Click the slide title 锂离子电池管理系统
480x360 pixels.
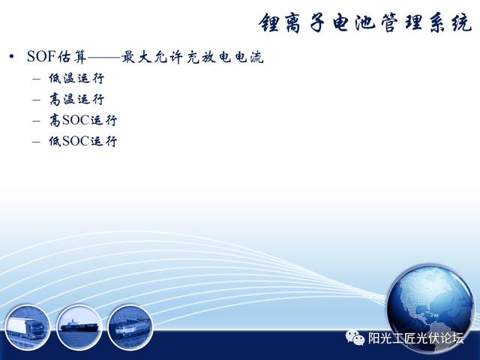click(x=365, y=23)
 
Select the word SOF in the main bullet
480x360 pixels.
click(x=41, y=57)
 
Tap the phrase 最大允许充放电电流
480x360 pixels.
click(x=193, y=57)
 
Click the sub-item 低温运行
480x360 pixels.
click(x=76, y=79)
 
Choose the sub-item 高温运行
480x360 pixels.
click(x=76, y=100)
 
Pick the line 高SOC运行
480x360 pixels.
click(x=83, y=120)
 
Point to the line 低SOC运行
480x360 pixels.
click(x=83, y=141)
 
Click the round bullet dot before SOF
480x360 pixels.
click(x=12, y=57)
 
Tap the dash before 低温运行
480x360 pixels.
click(x=36, y=79)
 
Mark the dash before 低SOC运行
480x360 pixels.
click(x=36, y=142)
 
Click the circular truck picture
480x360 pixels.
click(x=27, y=328)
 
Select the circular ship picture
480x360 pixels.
click(x=79, y=328)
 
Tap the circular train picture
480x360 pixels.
click(x=130, y=328)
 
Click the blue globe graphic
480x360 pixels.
click(x=430, y=309)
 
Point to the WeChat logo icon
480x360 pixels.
click(x=355, y=337)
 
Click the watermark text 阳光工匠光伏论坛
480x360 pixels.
click(x=415, y=338)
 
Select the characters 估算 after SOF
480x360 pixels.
click(x=72, y=57)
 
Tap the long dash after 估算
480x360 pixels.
click(x=104, y=57)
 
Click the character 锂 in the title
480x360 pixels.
click(x=269, y=23)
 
